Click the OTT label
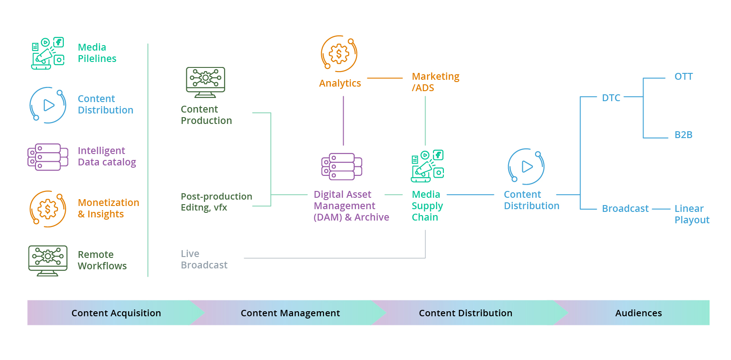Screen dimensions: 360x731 pos(683,77)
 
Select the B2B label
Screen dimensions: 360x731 pos(683,135)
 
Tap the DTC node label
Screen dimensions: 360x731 pos(611,98)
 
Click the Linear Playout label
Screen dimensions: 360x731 pos(691,214)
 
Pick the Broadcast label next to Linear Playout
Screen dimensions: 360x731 pos(625,209)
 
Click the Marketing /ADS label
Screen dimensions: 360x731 pos(435,82)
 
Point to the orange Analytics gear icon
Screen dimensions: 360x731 pos(339,54)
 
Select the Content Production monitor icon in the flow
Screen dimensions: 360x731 pos(206,82)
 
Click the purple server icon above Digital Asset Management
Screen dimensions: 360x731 pos(342,166)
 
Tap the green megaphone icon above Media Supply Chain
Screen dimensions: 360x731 pos(427,166)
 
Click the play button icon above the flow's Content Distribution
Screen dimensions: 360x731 pos(526,167)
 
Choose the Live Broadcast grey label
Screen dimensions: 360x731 pos(204,259)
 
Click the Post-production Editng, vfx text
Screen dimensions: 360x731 pos(216,202)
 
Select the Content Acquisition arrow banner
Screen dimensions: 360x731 pos(116,313)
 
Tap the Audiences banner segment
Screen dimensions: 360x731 pos(638,313)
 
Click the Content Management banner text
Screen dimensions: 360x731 pos(290,313)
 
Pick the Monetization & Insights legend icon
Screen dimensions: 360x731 pos(48,209)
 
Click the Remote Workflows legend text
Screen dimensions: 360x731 pos(102,260)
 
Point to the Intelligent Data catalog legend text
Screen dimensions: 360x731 pos(107,156)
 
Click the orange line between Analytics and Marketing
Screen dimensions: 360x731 pos(385,78)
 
